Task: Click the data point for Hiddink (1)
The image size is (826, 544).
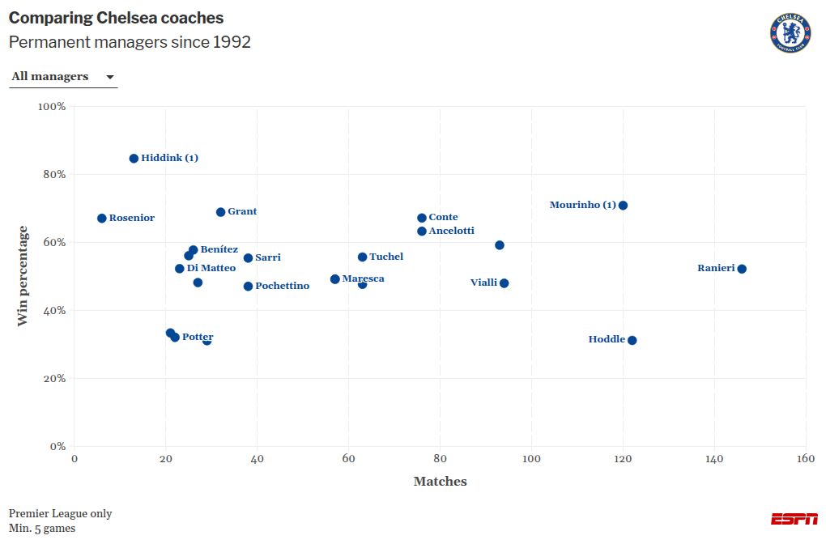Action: [134, 159]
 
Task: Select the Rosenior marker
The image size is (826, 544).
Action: [102, 219]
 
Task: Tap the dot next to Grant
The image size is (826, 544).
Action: [220, 212]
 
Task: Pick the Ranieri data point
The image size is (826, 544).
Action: [742, 269]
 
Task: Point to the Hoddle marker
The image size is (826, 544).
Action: [632, 340]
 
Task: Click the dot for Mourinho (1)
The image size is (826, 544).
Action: [623, 206]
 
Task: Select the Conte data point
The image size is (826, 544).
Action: [422, 218]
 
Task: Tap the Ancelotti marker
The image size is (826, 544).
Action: [422, 232]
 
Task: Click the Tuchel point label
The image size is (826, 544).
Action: [385, 257]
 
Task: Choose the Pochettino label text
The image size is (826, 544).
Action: [282, 286]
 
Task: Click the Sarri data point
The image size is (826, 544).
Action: [248, 258]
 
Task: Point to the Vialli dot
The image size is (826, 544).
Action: [504, 283]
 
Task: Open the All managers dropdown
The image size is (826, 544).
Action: [63, 77]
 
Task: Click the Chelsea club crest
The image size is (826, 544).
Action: [790, 33]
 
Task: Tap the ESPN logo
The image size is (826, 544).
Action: [794, 519]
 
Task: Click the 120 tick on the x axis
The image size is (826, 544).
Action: [623, 459]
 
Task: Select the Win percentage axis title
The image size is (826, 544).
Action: [23, 276]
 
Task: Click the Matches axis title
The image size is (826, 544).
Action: [440, 482]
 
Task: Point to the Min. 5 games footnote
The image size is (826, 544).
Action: [42, 529]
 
